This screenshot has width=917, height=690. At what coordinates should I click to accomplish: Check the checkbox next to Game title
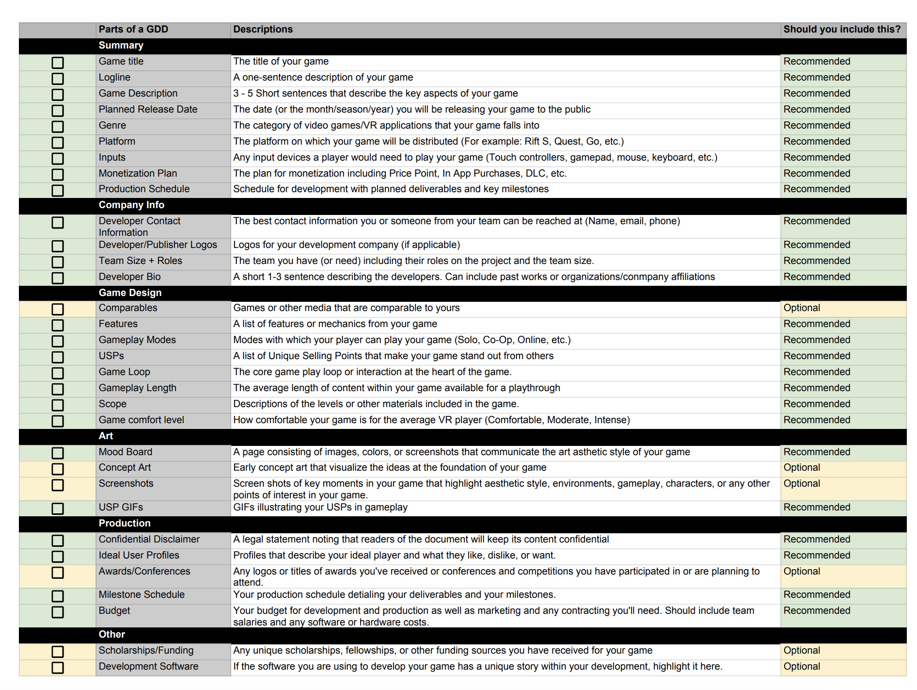pos(58,63)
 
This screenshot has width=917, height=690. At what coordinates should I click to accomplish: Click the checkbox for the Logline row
pos(58,79)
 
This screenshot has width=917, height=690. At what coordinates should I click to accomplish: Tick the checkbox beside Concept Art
pos(58,469)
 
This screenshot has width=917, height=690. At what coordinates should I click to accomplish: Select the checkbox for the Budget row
pos(58,612)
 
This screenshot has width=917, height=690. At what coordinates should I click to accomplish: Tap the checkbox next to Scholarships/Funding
pos(58,652)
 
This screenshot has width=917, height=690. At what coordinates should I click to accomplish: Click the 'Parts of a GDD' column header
pos(133,29)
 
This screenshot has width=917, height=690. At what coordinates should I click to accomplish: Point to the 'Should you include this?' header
pos(842,29)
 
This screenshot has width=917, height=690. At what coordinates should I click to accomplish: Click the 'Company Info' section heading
pos(131,205)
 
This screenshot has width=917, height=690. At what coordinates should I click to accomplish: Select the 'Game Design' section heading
pos(130,293)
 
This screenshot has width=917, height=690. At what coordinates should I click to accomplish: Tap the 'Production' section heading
pos(125,523)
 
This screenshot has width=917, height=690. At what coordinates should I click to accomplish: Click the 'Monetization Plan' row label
pos(138,173)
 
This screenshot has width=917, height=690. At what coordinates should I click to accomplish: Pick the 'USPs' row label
pos(111,356)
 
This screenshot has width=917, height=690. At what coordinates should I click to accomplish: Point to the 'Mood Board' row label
pos(126,452)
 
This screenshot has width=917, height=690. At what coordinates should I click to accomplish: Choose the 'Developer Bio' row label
pos(129,277)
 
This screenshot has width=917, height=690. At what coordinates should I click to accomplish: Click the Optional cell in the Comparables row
pos(802,308)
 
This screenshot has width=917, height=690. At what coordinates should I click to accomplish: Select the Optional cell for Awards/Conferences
pos(802,571)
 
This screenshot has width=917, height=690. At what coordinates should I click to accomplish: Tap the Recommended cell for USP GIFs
pos(817,507)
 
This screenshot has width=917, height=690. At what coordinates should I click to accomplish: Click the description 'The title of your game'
pos(281,61)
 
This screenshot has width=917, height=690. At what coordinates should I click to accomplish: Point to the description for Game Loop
pos(372,372)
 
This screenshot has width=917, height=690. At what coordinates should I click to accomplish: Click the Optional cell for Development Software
pos(802,666)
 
